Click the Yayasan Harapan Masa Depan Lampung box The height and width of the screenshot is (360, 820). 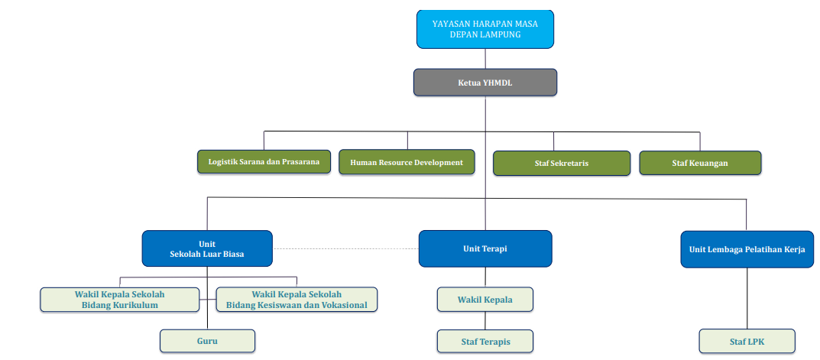tap(485, 29)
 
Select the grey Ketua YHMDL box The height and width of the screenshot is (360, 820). tap(485, 83)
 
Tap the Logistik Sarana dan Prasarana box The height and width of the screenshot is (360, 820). tap(264, 162)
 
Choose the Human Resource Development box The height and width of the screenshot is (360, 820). tap(407, 163)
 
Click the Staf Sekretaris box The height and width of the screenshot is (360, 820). tap(561, 163)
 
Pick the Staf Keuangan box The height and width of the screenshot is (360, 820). tap(700, 163)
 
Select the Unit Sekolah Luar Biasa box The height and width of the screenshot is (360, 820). tap(206, 248)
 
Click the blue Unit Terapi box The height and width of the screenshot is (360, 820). tap(485, 248)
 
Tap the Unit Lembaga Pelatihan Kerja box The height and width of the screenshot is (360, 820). tap(747, 249)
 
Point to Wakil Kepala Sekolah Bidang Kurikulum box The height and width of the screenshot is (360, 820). tap(119, 300)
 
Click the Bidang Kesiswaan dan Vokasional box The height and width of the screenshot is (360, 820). tap(297, 300)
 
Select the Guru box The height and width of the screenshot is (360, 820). tap(207, 341)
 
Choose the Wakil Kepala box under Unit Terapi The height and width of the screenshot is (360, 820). tap(485, 300)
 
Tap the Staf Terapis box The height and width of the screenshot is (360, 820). tap(485, 341)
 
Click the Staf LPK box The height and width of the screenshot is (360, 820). tap(747, 341)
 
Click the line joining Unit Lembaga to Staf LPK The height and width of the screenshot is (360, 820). tap(747, 298)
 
